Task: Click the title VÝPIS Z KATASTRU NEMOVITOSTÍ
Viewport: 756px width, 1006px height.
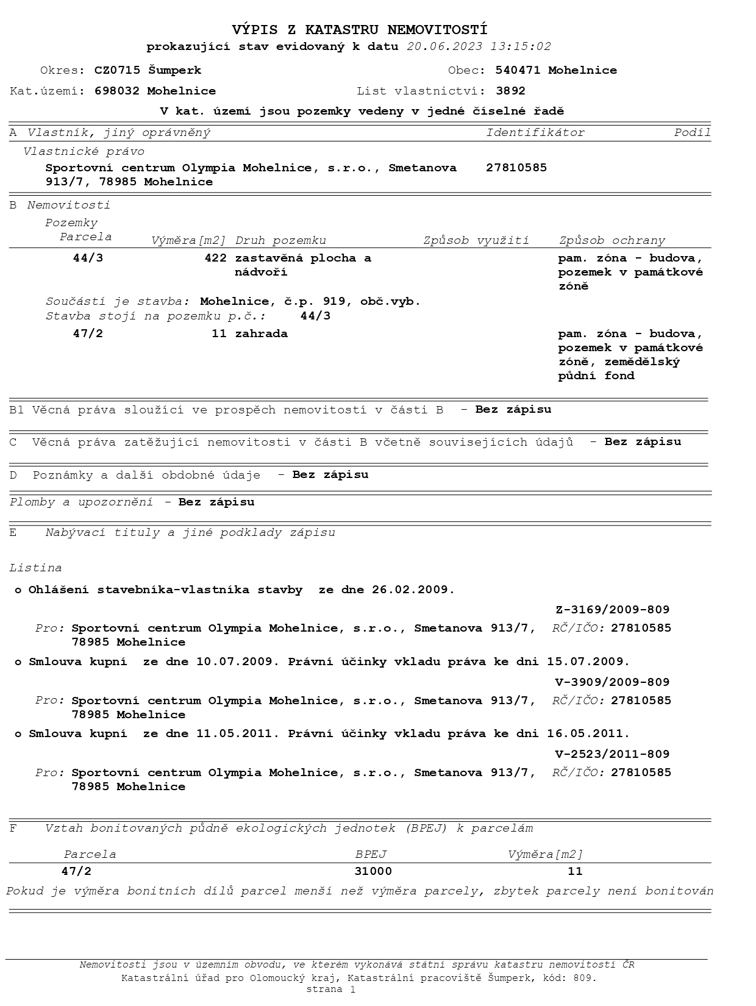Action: pos(360,30)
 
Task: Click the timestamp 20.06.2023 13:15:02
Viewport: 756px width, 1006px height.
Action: pos(479,47)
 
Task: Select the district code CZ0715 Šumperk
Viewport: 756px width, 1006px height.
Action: pos(148,70)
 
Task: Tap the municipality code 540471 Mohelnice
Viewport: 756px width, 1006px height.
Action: pos(556,70)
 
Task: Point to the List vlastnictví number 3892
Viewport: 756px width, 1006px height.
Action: pos(510,91)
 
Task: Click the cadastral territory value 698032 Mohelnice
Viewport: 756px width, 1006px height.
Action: pos(155,91)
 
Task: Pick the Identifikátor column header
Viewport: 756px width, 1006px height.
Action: pos(535,132)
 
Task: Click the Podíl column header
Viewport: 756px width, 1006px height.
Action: pos(692,132)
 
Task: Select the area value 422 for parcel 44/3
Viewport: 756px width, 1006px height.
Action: pos(215,258)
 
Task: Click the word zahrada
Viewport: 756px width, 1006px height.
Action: pos(262,334)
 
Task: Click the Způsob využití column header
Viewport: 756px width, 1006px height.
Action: pos(476,240)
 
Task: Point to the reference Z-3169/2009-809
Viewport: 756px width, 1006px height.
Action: pos(612,609)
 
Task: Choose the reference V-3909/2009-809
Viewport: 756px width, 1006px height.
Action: pos(612,682)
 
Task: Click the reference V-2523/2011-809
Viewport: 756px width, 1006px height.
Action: pos(612,754)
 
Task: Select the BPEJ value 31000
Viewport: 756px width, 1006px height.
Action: pos(373,871)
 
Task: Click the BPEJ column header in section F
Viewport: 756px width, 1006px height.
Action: pos(371,854)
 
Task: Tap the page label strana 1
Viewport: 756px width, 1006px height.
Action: pos(330,989)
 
